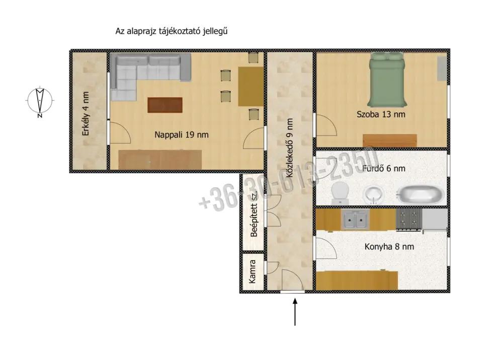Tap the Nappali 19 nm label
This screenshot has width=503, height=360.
182,134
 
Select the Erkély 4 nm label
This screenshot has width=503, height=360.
86,114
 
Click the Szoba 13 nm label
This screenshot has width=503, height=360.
381,114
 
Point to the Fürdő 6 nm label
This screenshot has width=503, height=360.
384,168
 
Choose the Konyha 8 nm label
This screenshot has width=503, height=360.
389,247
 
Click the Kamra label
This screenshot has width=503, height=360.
253,271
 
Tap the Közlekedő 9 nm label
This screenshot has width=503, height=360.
290,148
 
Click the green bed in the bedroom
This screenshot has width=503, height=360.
387,80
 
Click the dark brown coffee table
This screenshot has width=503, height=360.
165,105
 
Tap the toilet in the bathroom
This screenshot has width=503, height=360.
340,193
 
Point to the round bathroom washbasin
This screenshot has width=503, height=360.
374,195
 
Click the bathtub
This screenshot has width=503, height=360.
421,194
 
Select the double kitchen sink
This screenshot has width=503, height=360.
355,219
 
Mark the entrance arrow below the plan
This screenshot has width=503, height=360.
295,312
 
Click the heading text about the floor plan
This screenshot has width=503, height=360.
172,31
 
